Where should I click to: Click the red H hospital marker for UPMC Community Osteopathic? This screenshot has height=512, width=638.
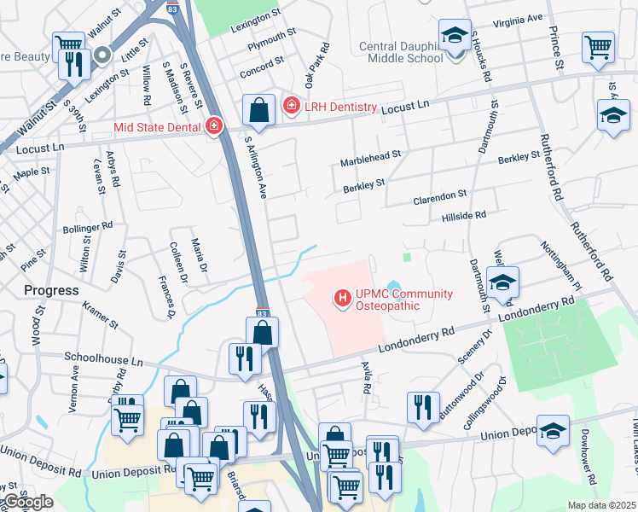[343, 299]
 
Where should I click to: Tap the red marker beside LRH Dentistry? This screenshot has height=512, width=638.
[291, 106]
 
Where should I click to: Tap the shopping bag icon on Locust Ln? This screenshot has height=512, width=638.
[258, 110]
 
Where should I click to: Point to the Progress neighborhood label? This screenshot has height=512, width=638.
[51, 290]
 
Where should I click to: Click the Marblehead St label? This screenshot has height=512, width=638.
[370, 161]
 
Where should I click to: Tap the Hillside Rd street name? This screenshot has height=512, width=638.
[464, 217]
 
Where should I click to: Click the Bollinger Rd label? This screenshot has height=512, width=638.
[88, 228]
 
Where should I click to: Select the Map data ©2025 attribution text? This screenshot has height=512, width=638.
[600, 505]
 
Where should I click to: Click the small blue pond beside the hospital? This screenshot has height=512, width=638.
[393, 286]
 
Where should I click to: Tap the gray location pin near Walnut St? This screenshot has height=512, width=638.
[103, 56]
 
